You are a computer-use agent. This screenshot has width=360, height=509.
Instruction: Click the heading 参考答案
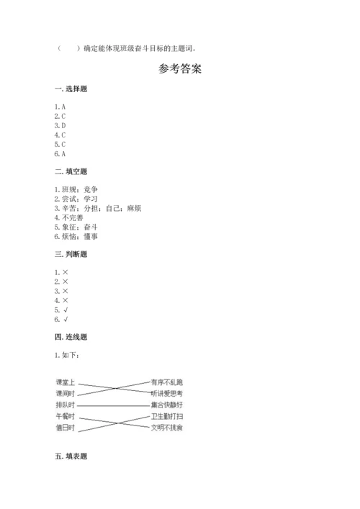[179, 70]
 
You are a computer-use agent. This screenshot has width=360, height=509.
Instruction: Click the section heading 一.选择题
[70, 89]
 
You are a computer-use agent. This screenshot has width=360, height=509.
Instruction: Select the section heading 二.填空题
[70, 171]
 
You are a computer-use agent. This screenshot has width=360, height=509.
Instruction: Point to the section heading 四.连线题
[70, 337]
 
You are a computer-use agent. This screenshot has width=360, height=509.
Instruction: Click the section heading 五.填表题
[70, 456]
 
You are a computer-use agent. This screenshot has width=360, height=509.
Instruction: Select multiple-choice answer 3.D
[60, 125]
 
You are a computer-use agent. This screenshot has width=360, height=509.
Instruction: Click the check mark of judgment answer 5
[66, 310]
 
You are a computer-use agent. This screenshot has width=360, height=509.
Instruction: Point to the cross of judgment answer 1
[66, 272]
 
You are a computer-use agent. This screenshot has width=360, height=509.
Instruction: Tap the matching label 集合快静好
[166, 405]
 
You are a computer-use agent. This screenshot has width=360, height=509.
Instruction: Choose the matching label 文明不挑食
[166, 428]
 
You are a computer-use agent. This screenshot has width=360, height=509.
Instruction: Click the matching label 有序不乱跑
[166, 382]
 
